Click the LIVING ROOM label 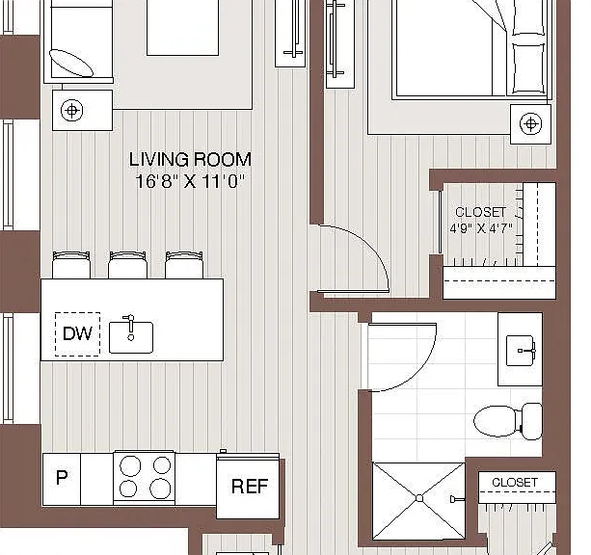[x=190, y=159]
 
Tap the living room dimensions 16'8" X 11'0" [x=190, y=181]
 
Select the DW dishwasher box [x=78, y=334]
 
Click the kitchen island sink [x=131, y=337]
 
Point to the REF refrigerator [x=248, y=487]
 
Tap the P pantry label [x=62, y=477]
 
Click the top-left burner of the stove [x=130, y=466]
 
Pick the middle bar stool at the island [x=127, y=265]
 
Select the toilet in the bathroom [x=508, y=421]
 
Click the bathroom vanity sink [x=521, y=351]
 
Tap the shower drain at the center [x=419, y=498]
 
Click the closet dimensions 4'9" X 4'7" [x=481, y=228]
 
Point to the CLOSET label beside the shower [x=515, y=483]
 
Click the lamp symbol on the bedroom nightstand [x=530, y=123]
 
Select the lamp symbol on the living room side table [x=71, y=111]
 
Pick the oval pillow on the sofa [x=71, y=63]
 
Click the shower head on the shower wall [x=457, y=500]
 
